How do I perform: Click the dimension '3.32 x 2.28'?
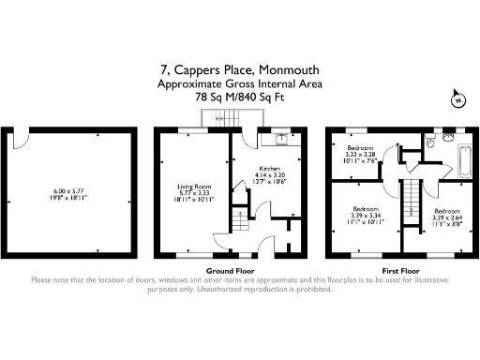(x=362, y=155)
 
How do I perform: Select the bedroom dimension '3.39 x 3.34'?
(x=367, y=214)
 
